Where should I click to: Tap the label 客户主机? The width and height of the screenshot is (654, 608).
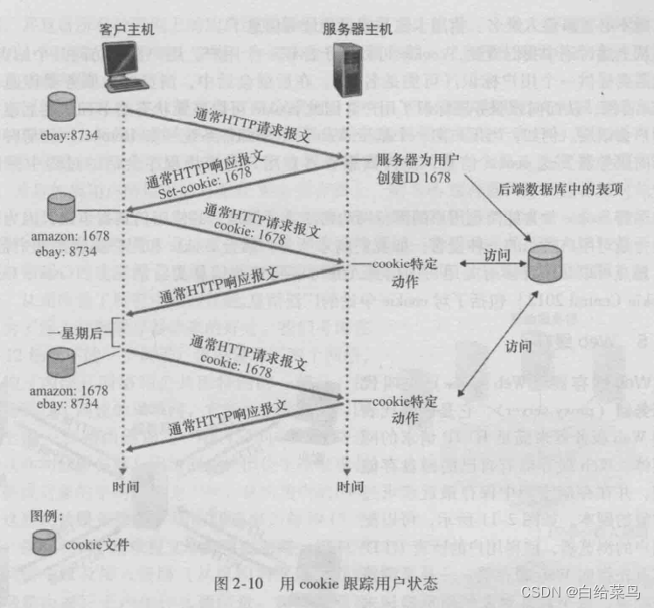click(x=128, y=29)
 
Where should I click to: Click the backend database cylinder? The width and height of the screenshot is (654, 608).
click(x=546, y=262)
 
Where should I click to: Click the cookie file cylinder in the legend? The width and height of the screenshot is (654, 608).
click(x=44, y=544)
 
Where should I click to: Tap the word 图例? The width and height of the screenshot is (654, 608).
click(x=47, y=515)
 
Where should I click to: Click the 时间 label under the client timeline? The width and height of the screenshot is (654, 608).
click(x=123, y=486)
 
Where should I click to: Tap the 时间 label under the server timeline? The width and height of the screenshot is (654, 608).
click(x=351, y=486)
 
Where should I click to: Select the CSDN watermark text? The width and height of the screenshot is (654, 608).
click(x=581, y=591)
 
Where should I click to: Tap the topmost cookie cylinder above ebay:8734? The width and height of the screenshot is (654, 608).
click(x=61, y=108)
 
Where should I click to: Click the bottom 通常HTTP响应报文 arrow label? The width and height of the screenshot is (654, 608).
click(x=229, y=422)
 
